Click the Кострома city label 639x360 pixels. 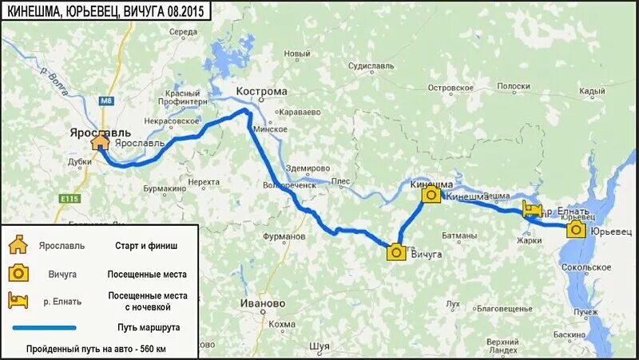(262, 91)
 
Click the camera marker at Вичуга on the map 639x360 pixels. (395, 253)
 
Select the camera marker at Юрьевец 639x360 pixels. (575, 231)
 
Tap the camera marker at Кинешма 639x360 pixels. (431, 195)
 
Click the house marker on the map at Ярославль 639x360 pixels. (100, 142)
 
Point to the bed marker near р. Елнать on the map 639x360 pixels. (532, 210)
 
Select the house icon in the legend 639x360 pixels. (18, 246)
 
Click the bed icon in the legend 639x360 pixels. (18, 300)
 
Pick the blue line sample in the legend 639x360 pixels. (45, 327)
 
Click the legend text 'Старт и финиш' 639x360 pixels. (142, 246)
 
